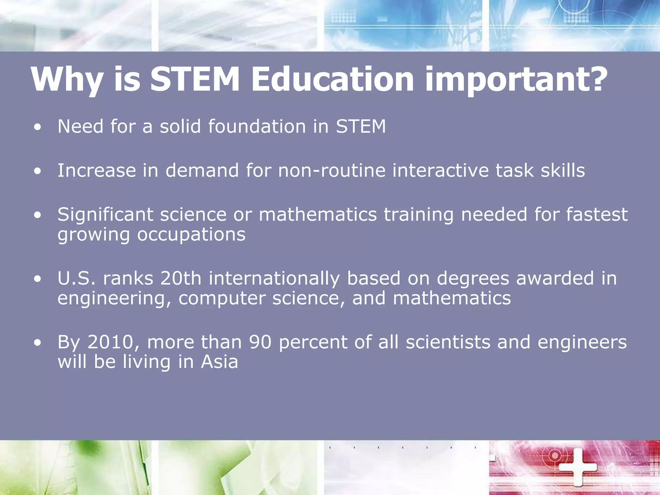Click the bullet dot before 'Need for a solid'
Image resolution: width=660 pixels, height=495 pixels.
click(38, 128)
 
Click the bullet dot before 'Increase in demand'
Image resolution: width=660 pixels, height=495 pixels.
click(38, 172)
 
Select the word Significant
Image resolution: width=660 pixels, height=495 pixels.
click(105, 215)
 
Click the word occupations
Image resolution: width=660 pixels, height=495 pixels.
click(191, 234)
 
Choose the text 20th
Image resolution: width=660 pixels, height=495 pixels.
click(181, 278)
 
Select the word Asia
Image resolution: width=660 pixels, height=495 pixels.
click(219, 362)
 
